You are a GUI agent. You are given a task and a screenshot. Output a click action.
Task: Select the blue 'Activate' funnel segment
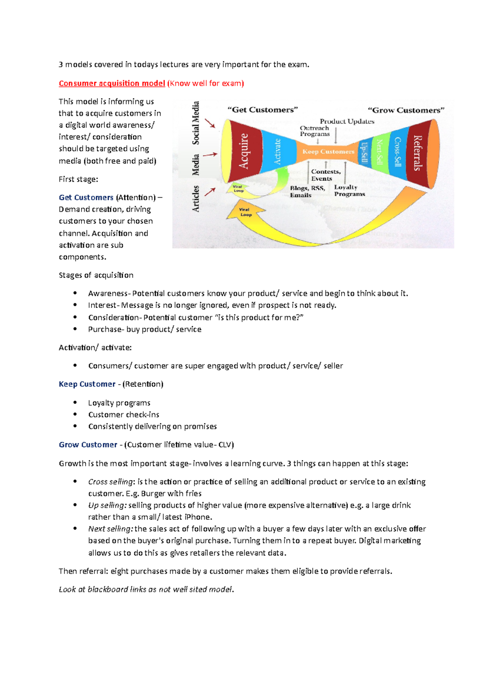click(278, 152)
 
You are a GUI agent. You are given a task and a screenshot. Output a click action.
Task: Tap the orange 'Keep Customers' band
click(328, 152)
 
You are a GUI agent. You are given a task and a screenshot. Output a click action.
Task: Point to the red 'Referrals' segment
click(418, 153)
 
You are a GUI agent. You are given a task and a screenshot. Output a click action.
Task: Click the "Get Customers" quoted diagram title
click(263, 110)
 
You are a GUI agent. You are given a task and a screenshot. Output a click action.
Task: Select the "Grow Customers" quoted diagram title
click(406, 110)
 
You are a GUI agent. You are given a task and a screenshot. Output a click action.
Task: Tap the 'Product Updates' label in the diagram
click(347, 121)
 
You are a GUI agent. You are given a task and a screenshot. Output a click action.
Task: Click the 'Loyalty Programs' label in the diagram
click(350, 190)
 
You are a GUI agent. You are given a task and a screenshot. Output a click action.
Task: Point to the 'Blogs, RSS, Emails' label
click(307, 191)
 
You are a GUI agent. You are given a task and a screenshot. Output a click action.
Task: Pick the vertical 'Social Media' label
click(196, 123)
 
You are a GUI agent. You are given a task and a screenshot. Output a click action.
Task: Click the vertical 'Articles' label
click(196, 199)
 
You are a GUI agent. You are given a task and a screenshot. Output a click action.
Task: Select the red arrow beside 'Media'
click(210, 154)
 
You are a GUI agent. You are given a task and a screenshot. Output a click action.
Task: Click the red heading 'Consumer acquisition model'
click(112, 83)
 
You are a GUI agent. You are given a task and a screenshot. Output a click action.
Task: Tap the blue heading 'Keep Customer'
click(87, 384)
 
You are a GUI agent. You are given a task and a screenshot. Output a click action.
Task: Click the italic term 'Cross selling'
click(111, 482)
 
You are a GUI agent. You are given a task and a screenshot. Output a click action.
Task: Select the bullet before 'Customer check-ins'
click(75, 414)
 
